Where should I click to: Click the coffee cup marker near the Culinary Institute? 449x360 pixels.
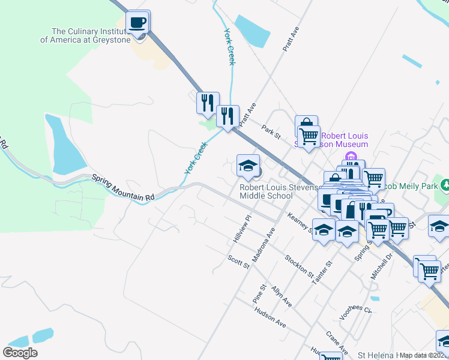tap(138, 23)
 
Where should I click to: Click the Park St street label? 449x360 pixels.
tap(271, 130)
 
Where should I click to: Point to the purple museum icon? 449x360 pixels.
tap(351, 157)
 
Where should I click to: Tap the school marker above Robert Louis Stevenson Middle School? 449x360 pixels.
tap(248, 166)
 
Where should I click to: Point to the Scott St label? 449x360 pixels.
tap(238, 262)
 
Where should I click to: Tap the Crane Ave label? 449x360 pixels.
tap(337, 342)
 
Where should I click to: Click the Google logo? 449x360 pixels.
tap(20, 352)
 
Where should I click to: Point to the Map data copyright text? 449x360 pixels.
tap(423, 355)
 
